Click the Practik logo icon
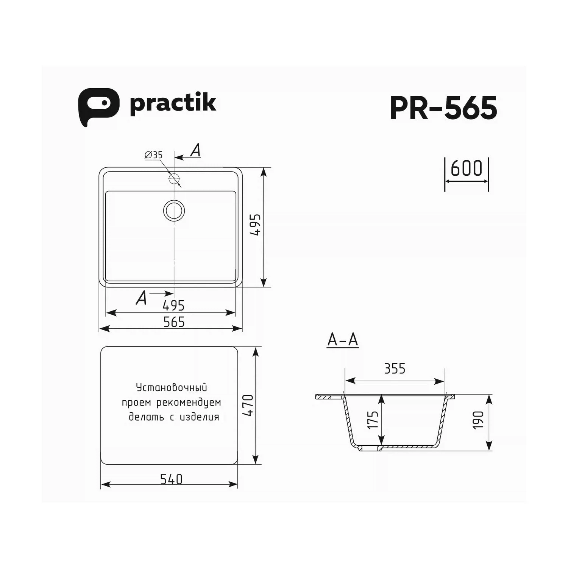[98, 107]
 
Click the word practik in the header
[173, 103]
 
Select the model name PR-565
[443, 108]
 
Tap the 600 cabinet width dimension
[467, 168]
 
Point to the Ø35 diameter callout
[153, 155]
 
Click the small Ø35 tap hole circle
[174, 178]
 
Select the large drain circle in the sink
[174, 211]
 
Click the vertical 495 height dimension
[256, 225]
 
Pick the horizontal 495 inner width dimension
[173, 305]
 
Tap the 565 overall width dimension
[174, 322]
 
